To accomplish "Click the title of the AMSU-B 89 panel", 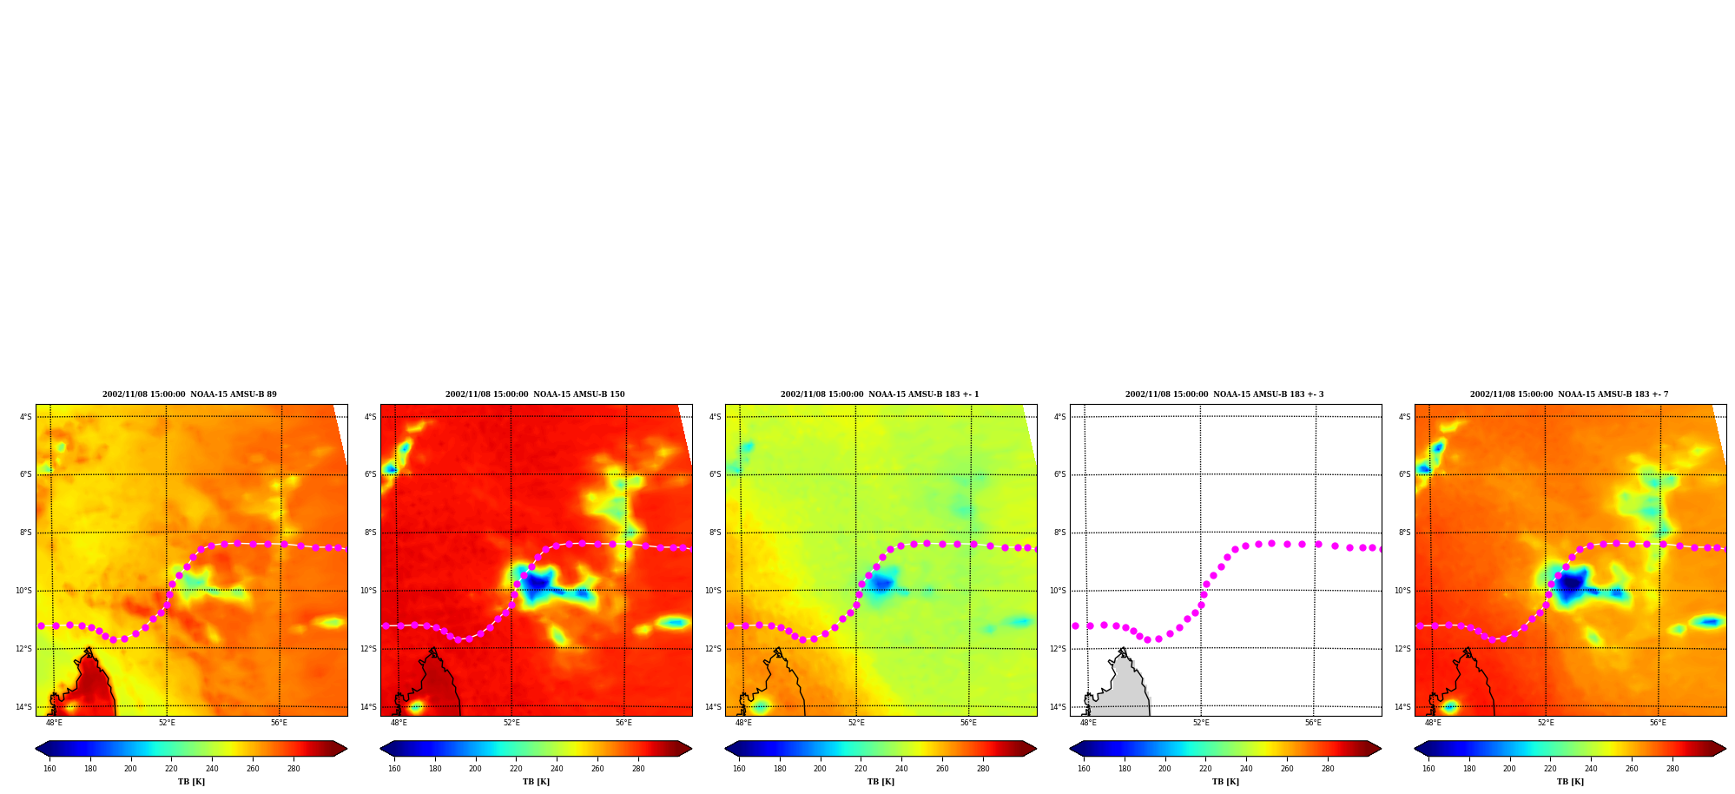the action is [189, 394].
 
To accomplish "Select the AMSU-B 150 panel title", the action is [535, 394].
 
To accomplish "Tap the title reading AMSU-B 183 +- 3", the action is [1224, 394].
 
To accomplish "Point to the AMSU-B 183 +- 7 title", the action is [1569, 394].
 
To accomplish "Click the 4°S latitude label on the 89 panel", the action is [26, 417].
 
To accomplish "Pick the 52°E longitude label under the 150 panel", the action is [511, 723].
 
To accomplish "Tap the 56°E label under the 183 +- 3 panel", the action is [1313, 723].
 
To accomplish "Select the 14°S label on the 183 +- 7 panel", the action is [1403, 707].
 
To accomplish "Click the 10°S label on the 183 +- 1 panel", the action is [713, 591].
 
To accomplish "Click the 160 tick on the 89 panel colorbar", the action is [49, 769].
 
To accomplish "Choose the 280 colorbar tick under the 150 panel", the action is [638, 769].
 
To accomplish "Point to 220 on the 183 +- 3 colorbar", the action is [1205, 769].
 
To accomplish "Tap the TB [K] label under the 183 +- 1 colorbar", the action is [881, 782].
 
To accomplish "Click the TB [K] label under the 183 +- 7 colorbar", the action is [1570, 782].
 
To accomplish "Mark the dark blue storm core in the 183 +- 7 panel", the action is [1568, 584].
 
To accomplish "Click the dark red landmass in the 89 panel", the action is [91, 686].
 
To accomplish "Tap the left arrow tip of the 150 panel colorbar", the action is [381, 749].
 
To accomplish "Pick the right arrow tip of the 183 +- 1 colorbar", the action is [1036, 749].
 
